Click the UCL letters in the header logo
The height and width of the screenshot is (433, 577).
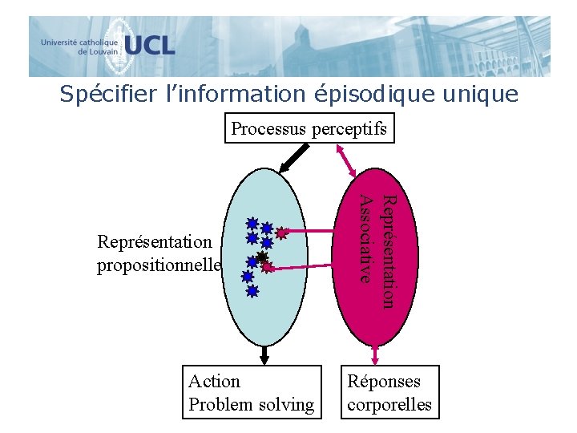pyautogui.click(x=150, y=45)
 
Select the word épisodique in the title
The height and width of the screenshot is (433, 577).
pyautogui.click(x=376, y=95)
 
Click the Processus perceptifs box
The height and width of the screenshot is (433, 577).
pyautogui.click(x=309, y=128)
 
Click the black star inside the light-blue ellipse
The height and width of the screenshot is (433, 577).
pyautogui.click(x=261, y=257)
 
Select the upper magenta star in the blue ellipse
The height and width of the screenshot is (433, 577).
pyautogui.click(x=280, y=235)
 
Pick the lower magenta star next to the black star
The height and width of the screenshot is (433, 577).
pyautogui.click(x=268, y=267)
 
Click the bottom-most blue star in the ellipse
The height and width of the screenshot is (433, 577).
pyautogui.click(x=252, y=292)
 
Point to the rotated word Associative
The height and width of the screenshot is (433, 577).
pyautogui.click(x=365, y=238)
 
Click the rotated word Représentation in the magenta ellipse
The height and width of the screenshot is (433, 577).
pyautogui.click(x=386, y=251)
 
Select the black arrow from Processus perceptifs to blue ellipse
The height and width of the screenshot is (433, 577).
pyautogui.click(x=288, y=159)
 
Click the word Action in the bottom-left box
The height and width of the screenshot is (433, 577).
pyautogui.click(x=214, y=382)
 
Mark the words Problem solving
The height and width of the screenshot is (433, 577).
pyautogui.click(x=251, y=405)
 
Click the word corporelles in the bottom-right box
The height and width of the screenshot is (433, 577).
pyautogui.click(x=389, y=405)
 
